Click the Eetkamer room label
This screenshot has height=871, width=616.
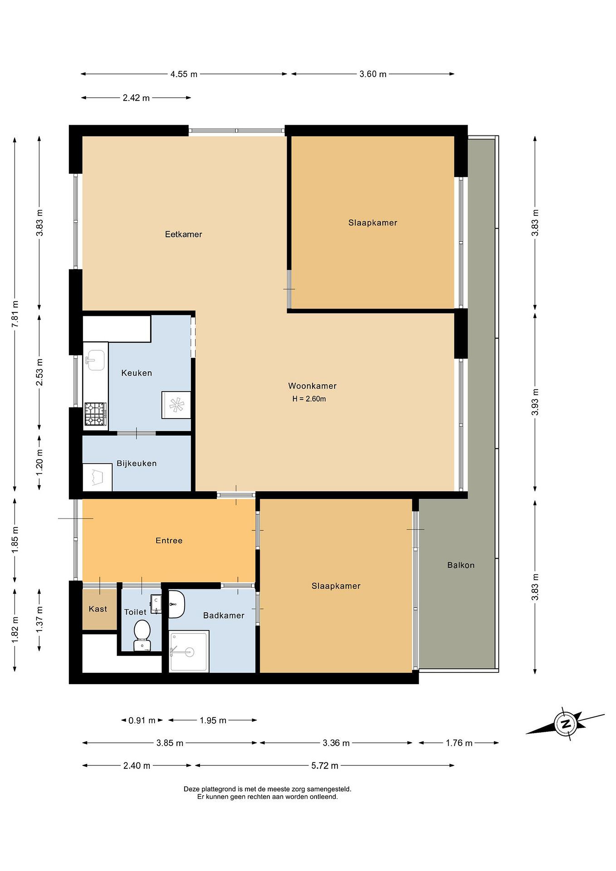pyautogui.click(x=184, y=234)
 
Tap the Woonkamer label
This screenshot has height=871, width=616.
pyautogui.click(x=312, y=386)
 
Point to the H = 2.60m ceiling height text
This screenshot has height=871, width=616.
pyautogui.click(x=309, y=399)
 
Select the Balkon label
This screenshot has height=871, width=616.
pyautogui.click(x=461, y=565)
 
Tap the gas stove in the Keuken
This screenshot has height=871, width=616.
pyautogui.click(x=95, y=414)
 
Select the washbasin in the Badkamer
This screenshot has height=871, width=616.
pyautogui.click(x=176, y=604)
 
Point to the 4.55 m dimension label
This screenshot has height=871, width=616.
pyautogui.click(x=184, y=74)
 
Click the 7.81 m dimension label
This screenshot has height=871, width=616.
pyautogui.click(x=15, y=314)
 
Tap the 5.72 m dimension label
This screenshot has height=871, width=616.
pyautogui.click(x=325, y=765)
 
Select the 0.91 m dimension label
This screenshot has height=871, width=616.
pyautogui.click(x=142, y=720)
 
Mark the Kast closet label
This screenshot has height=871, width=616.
pyautogui.click(x=98, y=609)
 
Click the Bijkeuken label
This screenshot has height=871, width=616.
pyautogui.click(x=137, y=463)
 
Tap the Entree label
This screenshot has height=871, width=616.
pyautogui.click(x=169, y=540)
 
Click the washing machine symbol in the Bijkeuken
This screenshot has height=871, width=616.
pyautogui.click(x=97, y=477)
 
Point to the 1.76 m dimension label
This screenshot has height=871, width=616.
pyautogui.click(x=459, y=743)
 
